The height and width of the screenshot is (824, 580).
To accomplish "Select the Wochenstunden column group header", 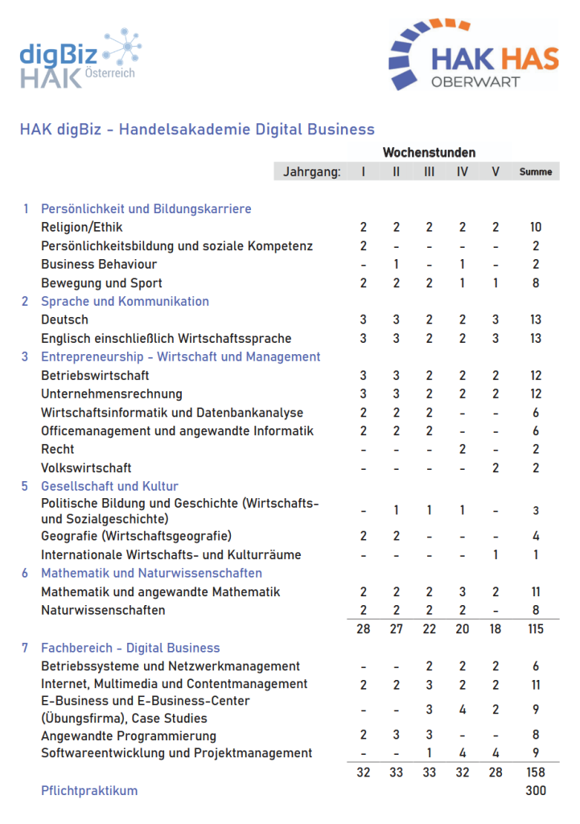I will (x=429, y=152).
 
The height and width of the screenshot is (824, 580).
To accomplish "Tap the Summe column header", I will (x=536, y=171).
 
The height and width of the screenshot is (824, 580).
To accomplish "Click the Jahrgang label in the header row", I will (x=311, y=171).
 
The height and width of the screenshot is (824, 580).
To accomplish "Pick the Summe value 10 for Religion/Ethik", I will (x=536, y=228).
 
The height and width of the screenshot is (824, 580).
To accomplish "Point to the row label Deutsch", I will (x=64, y=319).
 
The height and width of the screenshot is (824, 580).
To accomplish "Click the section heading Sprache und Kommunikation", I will (x=125, y=301).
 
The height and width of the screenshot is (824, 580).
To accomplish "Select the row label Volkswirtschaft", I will (x=86, y=468).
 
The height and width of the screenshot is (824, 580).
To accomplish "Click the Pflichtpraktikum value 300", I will (x=535, y=790).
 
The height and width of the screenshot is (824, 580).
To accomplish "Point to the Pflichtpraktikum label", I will (x=89, y=790).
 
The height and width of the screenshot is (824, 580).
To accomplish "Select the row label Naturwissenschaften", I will (x=103, y=610).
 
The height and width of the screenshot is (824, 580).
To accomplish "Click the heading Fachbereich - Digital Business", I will (x=130, y=648).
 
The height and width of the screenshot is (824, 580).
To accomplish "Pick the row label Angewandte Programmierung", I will (x=129, y=735).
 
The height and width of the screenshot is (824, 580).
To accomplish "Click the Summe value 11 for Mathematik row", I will (x=536, y=592).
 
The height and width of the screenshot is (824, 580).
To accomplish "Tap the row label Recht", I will (x=58, y=449).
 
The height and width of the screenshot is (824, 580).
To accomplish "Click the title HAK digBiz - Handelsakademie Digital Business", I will (x=197, y=129).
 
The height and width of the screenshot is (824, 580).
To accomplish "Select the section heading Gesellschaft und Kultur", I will (x=109, y=486).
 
